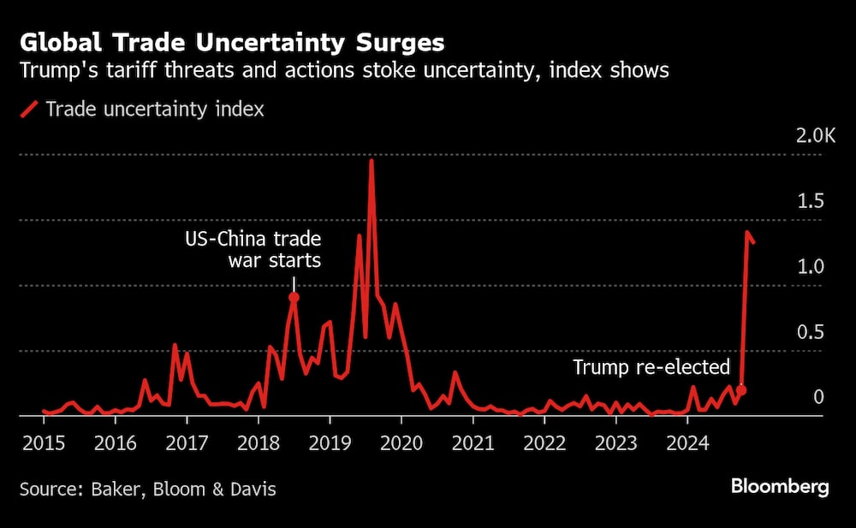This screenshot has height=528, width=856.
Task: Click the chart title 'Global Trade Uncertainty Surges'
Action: [231, 42]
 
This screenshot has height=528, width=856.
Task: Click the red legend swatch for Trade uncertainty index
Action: [30, 110]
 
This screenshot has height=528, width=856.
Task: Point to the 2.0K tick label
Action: [816, 136]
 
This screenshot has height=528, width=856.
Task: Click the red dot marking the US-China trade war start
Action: [294, 298]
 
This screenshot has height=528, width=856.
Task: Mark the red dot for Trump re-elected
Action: [741, 390]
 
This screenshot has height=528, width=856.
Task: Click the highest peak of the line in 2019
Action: [372, 160]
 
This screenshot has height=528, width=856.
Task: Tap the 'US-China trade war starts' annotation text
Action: [253, 249]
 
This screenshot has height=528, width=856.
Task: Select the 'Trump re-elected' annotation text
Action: [651, 368]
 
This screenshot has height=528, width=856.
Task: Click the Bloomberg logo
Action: [780, 487]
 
